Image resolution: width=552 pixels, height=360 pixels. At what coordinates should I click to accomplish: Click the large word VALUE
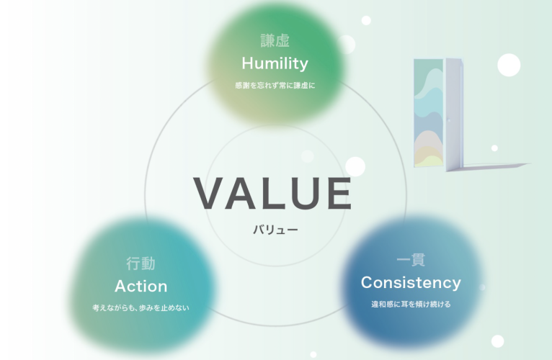point(272,193)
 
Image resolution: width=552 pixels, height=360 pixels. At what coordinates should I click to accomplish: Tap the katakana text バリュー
point(275,230)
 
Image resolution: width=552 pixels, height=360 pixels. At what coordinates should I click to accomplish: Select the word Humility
point(275,63)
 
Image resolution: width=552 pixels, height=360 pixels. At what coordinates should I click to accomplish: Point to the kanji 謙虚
point(275,40)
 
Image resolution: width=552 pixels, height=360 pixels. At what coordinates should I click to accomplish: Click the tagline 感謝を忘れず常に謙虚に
point(275,85)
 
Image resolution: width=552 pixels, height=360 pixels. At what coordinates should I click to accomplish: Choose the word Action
point(141,286)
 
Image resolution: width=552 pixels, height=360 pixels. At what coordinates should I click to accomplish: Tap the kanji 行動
point(141,264)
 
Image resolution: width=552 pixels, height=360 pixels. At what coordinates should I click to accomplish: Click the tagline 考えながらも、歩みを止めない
point(141,308)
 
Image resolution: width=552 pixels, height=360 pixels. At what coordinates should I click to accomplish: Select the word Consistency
point(411,282)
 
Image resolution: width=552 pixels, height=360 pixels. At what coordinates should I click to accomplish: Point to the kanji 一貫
point(411,260)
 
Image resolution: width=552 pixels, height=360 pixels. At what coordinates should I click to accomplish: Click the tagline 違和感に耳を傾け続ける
point(411,304)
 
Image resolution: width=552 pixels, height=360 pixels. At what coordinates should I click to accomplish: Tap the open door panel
point(455,114)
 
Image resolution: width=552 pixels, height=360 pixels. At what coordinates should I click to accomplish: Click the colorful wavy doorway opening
point(429,112)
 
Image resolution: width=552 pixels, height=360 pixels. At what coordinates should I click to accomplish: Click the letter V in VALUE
point(209,193)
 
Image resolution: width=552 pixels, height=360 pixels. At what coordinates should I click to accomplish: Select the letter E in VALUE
point(339,193)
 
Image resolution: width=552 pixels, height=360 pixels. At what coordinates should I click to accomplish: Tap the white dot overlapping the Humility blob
point(347,45)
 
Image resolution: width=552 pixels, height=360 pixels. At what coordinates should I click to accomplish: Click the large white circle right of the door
point(509,65)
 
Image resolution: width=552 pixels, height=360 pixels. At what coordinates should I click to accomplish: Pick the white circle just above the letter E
point(355,166)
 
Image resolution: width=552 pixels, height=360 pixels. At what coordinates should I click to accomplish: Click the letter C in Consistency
point(368,282)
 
